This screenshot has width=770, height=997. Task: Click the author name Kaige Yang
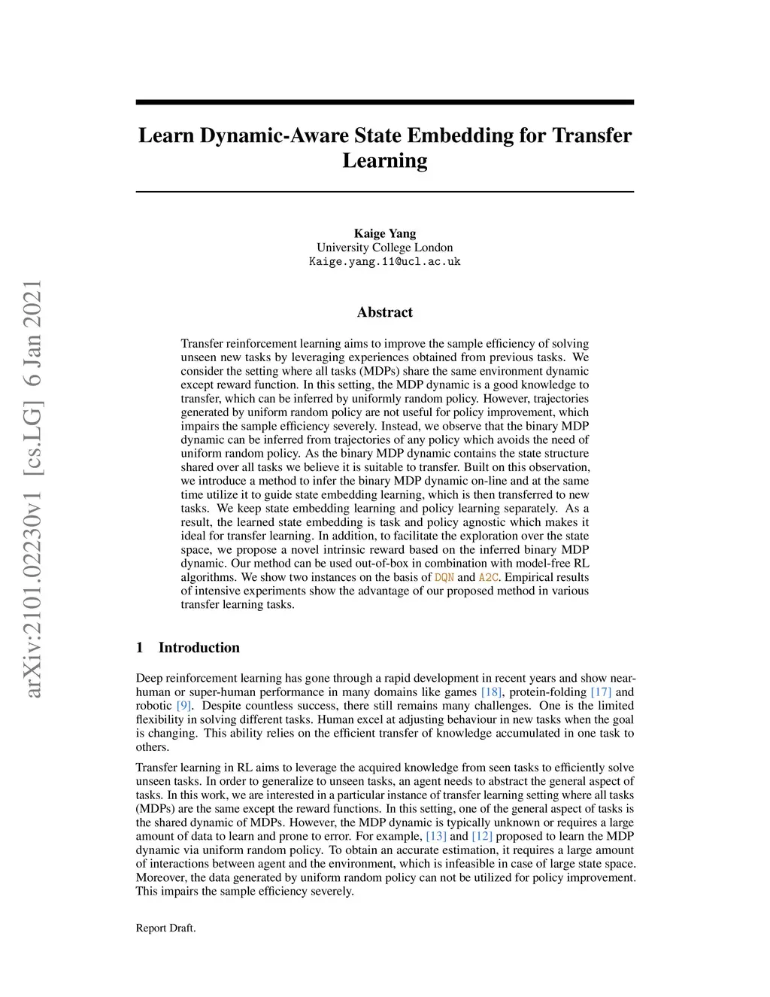tap(384, 233)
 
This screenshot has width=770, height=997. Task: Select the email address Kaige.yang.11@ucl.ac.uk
tap(384, 262)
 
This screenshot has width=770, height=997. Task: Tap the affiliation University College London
tap(384, 248)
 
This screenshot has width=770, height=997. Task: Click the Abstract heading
tap(384, 312)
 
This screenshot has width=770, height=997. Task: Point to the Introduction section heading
tap(199, 648)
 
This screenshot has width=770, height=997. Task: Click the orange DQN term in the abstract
tap(444, 577)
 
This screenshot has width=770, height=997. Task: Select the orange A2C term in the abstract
tap(488, 577)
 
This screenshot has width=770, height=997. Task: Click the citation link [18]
tap(492, 692)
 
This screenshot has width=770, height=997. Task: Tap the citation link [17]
tap(601, 692)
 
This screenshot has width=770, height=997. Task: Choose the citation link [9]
tap(183, 706)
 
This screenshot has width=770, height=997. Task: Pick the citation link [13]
tap(436, 836)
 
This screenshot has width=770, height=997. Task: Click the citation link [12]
tap(482, 836)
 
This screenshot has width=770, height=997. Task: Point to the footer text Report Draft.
tap(165, 928)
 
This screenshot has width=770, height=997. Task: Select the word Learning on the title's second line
tap(384, 160)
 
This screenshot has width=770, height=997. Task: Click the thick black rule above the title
tap(384, 102)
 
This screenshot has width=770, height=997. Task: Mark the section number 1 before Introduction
tap(139, 648)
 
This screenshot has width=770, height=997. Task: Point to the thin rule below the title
tap(384, 192)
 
